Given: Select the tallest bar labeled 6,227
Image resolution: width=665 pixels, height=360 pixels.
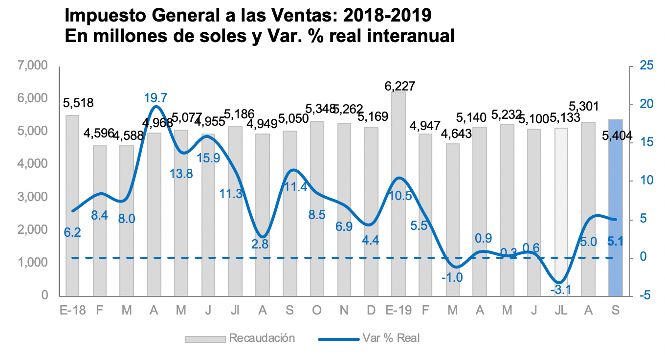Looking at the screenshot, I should [398, 196].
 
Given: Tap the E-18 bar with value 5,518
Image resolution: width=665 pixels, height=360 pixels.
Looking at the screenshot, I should [72, 205].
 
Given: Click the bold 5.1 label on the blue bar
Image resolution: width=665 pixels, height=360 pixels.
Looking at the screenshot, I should [615, 241].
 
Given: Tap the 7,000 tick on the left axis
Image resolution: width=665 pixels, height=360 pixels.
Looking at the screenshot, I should [33, 66].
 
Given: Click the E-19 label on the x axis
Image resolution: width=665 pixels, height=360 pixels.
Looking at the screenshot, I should [399, 311].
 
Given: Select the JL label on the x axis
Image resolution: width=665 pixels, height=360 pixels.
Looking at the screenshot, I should [561, 311].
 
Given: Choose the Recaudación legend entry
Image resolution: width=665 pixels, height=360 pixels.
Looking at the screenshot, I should [262, 338].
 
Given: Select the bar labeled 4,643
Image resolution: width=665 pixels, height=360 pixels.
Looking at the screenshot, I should [453, 220].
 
